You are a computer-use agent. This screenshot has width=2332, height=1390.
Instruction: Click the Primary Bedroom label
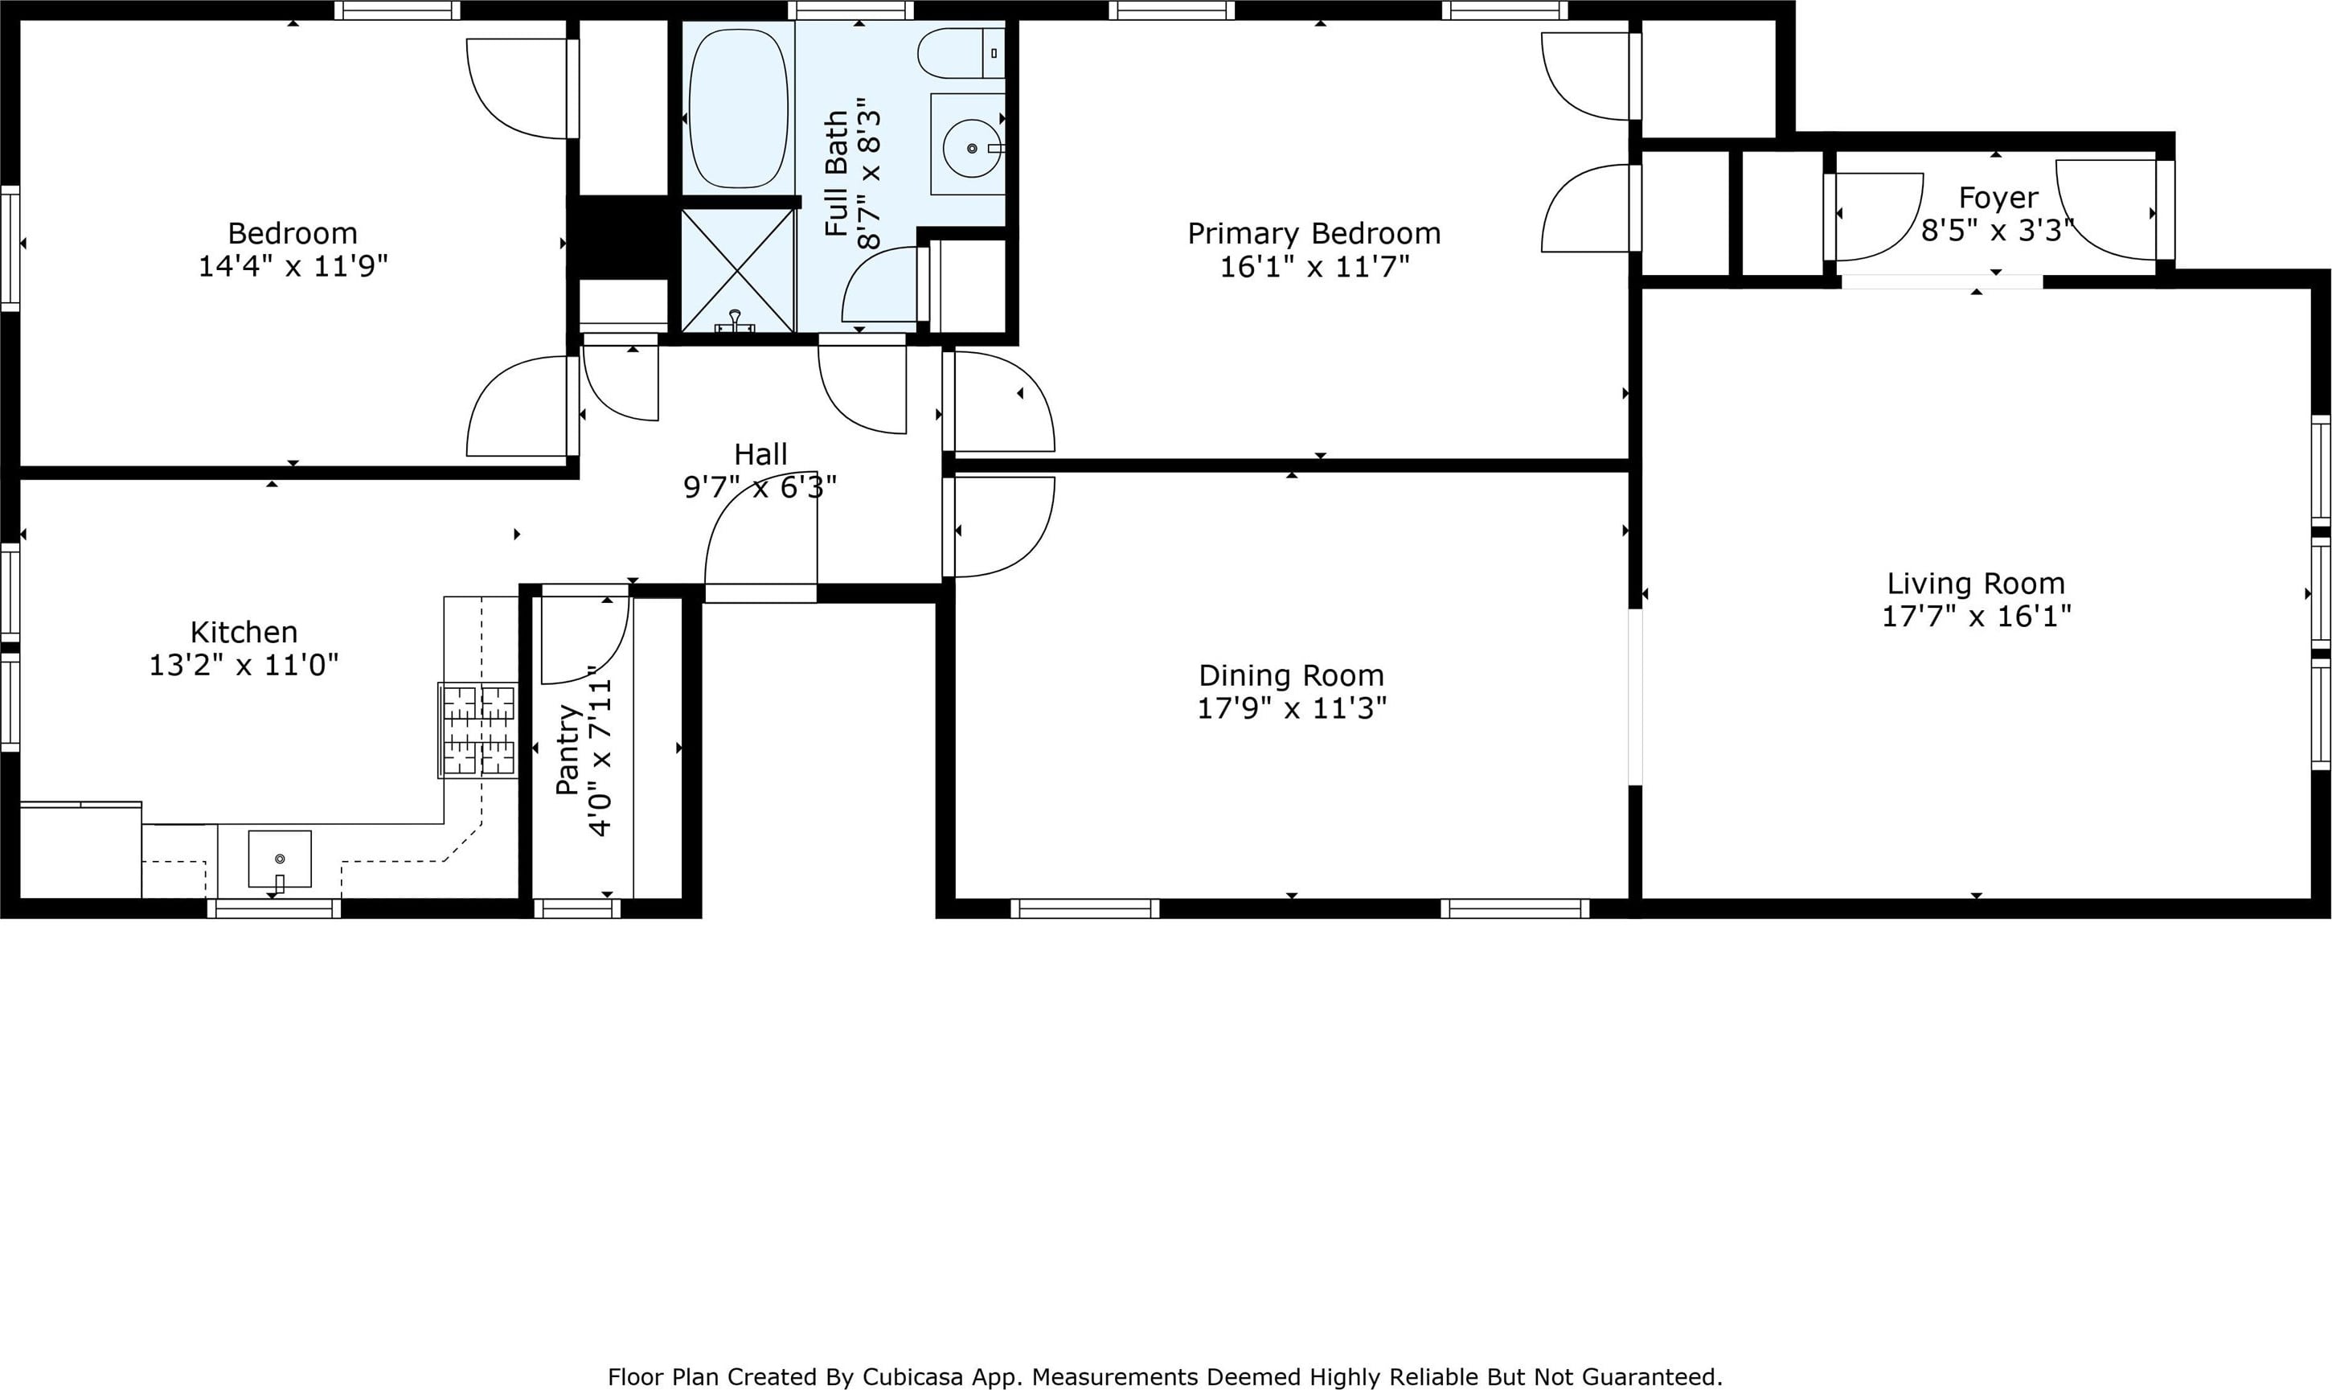click(1314, 233)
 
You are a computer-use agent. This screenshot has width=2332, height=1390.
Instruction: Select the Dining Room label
click(1292, 675)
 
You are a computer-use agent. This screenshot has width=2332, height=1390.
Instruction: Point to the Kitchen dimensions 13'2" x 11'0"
click(244, 665)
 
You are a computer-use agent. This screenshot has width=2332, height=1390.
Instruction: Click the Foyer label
click(1998, 198)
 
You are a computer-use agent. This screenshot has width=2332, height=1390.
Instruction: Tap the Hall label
click(760, 454)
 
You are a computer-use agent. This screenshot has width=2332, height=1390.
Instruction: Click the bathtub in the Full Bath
click(738, 109)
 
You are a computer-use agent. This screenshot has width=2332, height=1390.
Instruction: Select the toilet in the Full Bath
click(961, 53)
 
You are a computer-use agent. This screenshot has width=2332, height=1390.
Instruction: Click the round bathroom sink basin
click(972, 148)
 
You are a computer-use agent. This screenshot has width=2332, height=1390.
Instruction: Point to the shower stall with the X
click(737, 271)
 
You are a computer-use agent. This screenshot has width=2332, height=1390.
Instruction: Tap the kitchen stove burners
click(477, 730)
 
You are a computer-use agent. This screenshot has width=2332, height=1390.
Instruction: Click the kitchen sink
click(279, 859)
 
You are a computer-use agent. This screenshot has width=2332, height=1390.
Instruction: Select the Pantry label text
click(568, 750)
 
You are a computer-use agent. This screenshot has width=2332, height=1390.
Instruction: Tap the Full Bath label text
click(836, 174)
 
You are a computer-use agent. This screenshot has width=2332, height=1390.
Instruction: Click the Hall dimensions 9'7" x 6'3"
click(760, 487)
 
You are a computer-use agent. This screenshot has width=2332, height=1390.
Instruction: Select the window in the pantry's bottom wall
click(577, 908)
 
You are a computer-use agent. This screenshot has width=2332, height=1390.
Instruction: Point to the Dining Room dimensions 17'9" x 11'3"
click(1292, 708)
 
